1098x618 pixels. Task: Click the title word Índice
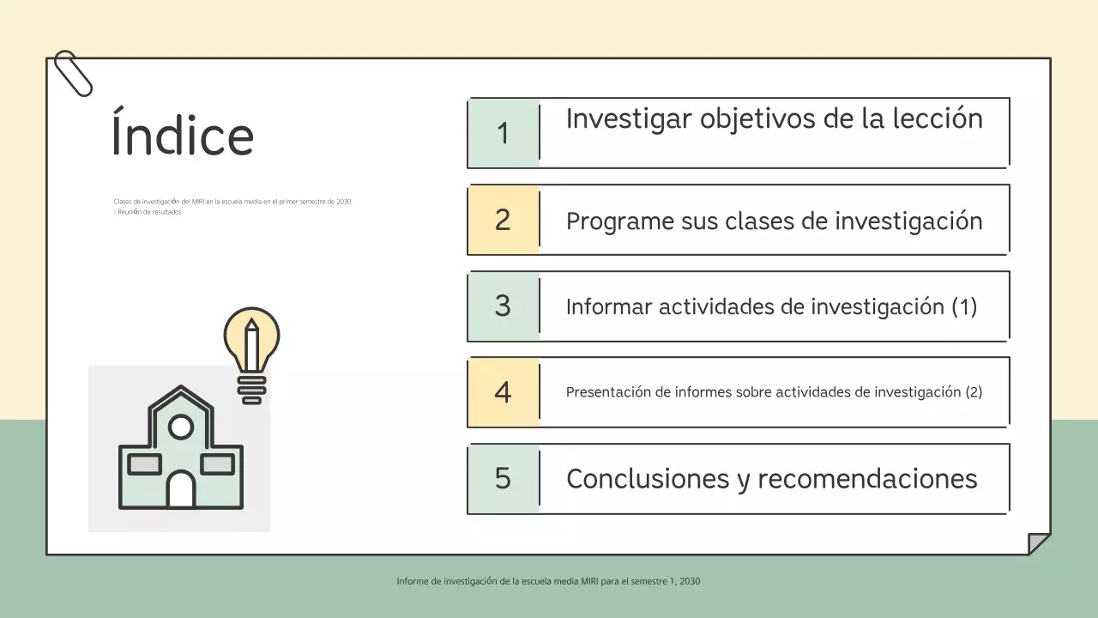click(x=183, y=135)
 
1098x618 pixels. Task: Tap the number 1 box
click(x=504, y=133)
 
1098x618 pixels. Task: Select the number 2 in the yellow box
click(x=504, y=220)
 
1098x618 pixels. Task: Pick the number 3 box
click(x=504, y=306)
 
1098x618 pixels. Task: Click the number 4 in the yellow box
click(x=504, y=392)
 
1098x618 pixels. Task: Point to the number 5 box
click(x=504, y=478)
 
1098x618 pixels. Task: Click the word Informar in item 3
click(x=609, y=306)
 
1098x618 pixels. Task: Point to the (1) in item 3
click(x=964, y=306)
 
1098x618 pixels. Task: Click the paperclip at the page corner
click(x=73, y=73)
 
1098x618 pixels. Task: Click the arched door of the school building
click(x=181, y=490)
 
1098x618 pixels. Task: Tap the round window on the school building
click(x=181, y=426)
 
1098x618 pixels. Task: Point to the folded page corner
click(x=1038, y=543)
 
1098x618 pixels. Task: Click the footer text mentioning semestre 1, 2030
click(x=548, y=581)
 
